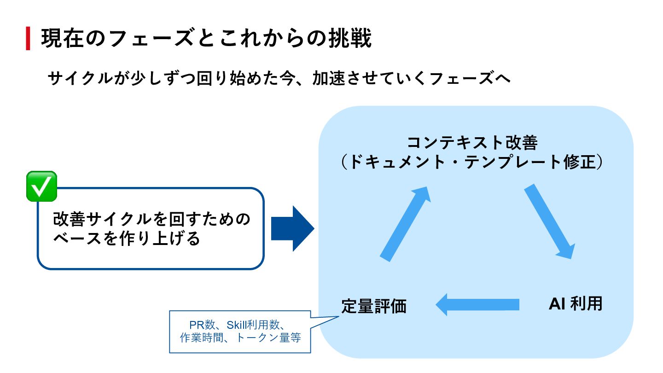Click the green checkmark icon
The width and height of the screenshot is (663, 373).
41,186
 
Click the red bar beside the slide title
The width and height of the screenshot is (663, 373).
28,39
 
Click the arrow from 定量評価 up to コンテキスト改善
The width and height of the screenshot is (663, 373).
405,224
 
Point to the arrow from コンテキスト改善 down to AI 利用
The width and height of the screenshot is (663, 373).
550,221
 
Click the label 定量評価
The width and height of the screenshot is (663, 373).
374,306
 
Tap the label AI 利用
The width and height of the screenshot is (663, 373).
576,304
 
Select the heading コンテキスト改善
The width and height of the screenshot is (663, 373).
472,143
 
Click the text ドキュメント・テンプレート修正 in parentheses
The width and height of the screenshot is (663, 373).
472,162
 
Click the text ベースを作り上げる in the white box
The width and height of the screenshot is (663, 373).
127,239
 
